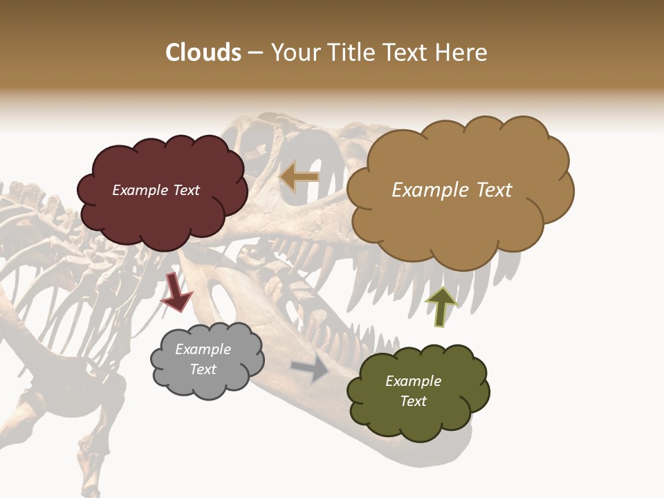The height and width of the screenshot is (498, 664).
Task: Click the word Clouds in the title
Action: click(203, 53)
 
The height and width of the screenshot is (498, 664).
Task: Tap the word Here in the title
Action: click(463, 53)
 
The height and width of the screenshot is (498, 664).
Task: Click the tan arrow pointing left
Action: click(299, 178)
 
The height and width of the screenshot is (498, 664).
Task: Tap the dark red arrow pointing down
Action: click(176, 292)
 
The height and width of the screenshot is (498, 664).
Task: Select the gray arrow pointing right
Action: click(311, 369)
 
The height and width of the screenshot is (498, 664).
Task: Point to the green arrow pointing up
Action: click(441, 306)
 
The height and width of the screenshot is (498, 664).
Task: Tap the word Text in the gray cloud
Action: click(203, 369)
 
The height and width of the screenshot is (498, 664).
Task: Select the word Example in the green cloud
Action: click(413, 381)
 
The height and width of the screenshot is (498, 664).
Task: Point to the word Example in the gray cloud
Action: click(203, 349)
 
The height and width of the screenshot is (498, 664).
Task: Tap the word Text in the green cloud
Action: click(413, 401)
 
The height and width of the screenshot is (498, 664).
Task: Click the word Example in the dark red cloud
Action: click(139, 190)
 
